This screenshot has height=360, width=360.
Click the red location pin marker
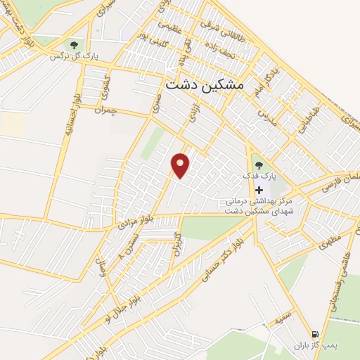click(x=181, y=164)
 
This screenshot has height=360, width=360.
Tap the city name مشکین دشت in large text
click(x=205, y=84)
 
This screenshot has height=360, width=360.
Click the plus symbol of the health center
click(x=259, y=190)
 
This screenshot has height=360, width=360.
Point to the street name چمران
click(x=102, y=111)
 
